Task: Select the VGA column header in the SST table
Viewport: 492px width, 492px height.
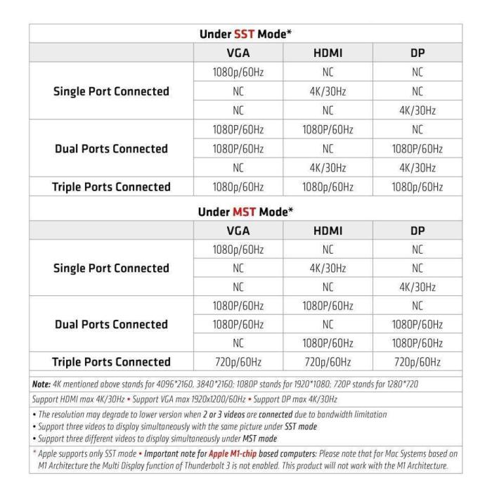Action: point(238,53)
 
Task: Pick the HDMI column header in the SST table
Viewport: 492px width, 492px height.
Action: point(328,53)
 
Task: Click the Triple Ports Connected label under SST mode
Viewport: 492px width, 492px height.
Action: point(111,186)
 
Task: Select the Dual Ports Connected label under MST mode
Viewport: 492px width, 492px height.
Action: point(111,324)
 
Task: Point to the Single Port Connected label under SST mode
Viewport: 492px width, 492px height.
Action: point(111,91)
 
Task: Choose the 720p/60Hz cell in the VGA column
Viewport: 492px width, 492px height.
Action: point(238,362)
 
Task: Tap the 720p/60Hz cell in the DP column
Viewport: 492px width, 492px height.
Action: point(417,362)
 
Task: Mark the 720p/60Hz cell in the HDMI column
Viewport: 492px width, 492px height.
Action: point(328,362)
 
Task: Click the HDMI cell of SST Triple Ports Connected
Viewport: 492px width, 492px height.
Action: point(328,186)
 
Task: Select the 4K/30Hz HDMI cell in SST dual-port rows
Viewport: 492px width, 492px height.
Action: point(328,168)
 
